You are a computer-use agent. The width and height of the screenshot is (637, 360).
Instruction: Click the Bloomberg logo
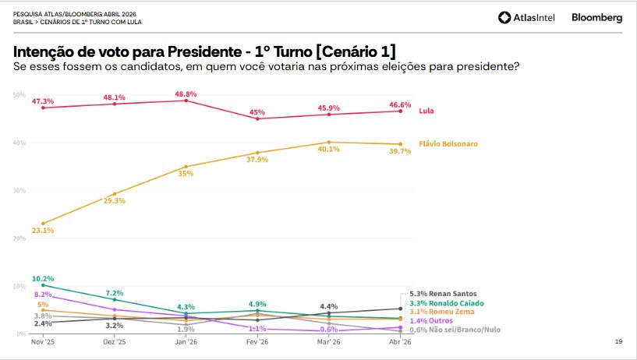click(x=596, y=17)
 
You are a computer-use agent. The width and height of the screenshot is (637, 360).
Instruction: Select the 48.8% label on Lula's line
click(x=186, y=94)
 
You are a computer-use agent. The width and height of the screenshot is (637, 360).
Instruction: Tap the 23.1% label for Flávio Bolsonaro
click(x=43, y=231)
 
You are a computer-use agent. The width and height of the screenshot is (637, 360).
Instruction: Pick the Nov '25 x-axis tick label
click(x=42, y=342)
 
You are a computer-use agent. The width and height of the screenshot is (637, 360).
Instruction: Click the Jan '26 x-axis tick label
click(x=186, y=342)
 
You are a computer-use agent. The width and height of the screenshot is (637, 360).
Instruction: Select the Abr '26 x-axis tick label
click(x=400, y=342)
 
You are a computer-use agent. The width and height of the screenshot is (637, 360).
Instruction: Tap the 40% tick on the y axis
click(x=19, y=143)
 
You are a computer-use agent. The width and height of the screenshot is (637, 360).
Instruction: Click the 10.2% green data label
click(x=43, y=278)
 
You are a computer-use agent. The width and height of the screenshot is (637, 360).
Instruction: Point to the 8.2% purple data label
click(x=42, y=295)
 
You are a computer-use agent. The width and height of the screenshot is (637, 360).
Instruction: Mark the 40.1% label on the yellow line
click(x=328, y=150)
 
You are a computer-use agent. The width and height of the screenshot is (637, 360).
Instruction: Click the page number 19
click(x=618, y=342)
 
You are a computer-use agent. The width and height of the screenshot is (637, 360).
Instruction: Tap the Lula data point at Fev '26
click(x=257, y=119)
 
